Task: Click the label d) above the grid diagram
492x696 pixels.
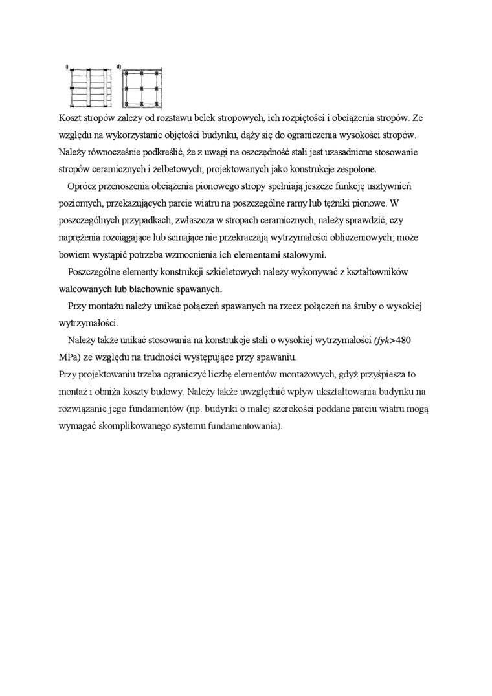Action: [x=119, y=67]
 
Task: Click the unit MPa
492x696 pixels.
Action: [x=69, y=357]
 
